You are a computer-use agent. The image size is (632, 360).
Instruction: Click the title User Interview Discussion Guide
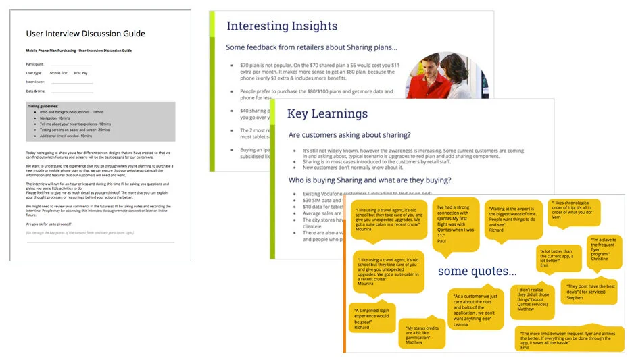point(85,34)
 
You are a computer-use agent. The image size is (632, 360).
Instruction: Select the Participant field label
point(35,64)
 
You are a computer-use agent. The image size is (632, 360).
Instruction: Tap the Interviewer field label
point(36,81)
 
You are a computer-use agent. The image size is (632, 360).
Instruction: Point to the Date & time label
point(37,91)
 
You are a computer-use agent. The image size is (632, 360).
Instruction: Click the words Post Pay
point(80,72)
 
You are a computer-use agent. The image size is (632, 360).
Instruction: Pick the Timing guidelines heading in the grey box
point(43,106)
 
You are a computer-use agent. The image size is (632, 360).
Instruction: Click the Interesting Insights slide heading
point(282,26)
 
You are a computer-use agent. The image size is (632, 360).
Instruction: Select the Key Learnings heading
point(327,113)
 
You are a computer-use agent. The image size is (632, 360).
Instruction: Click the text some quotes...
point(477,271)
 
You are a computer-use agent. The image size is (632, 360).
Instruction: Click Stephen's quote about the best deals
point(589,291)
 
